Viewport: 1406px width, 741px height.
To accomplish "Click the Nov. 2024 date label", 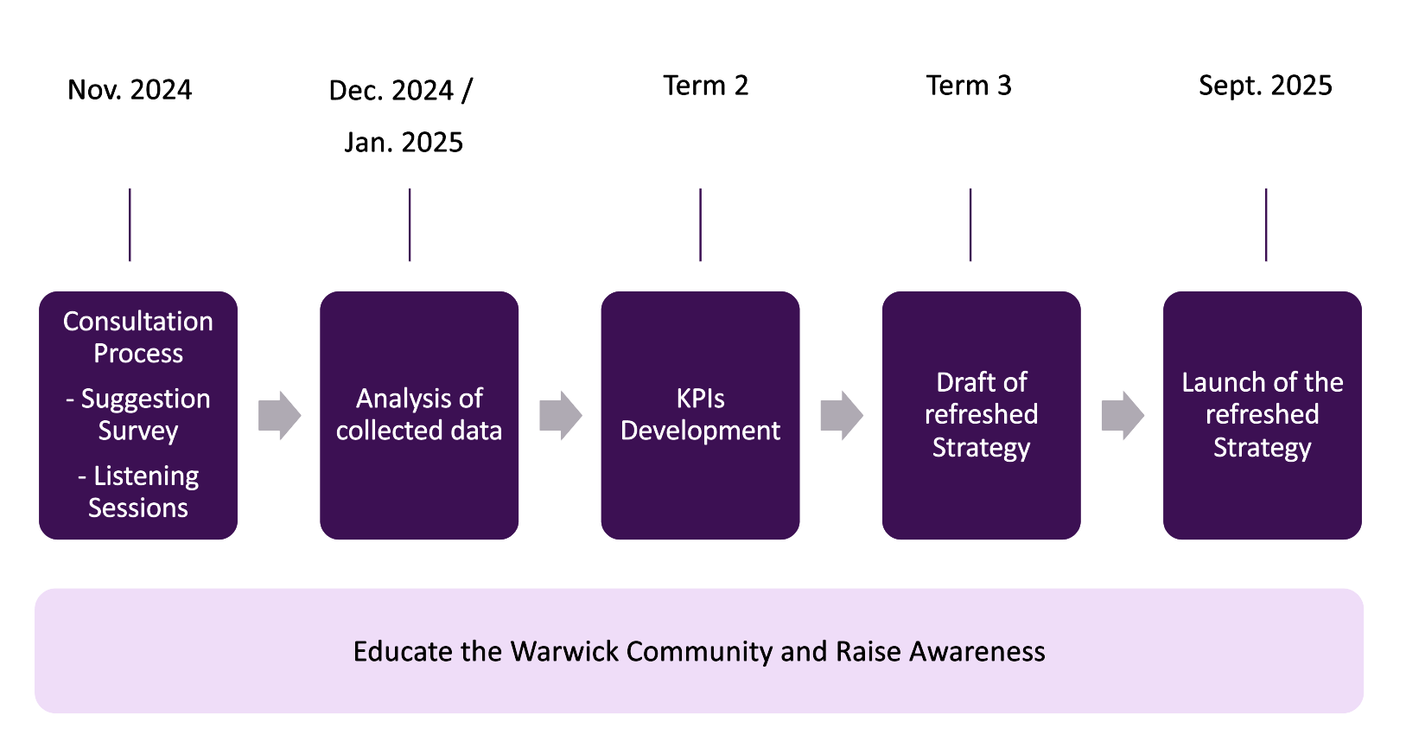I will tap(130, 90).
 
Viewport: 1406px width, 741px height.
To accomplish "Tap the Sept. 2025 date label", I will tap(1265, 86).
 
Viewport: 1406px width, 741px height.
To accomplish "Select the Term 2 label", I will tap(705, 86).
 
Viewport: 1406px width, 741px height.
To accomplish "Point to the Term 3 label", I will tap(969, 86).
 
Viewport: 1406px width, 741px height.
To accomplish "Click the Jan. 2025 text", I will tap(404, 142).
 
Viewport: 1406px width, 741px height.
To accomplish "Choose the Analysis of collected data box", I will tap(419, 415).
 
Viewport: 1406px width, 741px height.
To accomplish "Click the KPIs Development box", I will tap(700, 415).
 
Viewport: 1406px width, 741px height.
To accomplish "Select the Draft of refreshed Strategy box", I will tap(981, 415).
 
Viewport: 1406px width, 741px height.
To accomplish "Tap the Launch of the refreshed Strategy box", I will tap(1262, 415).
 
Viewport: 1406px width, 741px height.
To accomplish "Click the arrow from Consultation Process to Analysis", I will tap(279, 415).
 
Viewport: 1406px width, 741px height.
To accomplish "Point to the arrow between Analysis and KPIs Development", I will tap(560, 415).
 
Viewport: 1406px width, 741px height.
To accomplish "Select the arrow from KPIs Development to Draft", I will tap(841, 415).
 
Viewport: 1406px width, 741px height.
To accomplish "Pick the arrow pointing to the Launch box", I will tap(1122, 415).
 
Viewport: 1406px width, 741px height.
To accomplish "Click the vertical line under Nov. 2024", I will tap(130, 225).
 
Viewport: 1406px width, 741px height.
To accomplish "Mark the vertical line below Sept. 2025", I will tap(1266, 225).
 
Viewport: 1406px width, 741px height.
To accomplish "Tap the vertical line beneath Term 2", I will tap(701, 225).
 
